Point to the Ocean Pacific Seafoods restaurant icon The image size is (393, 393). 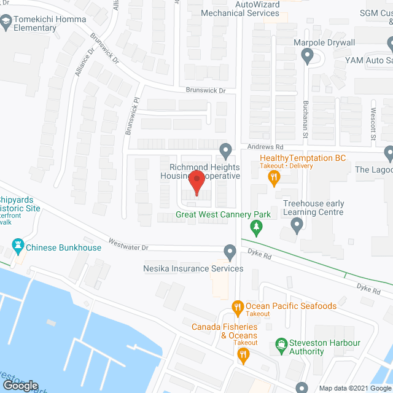(236, 305)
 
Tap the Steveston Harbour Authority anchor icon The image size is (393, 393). (281, 344)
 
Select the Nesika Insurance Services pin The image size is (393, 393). (230, 252)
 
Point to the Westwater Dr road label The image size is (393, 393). (128, 244)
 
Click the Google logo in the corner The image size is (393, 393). (20, 386)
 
